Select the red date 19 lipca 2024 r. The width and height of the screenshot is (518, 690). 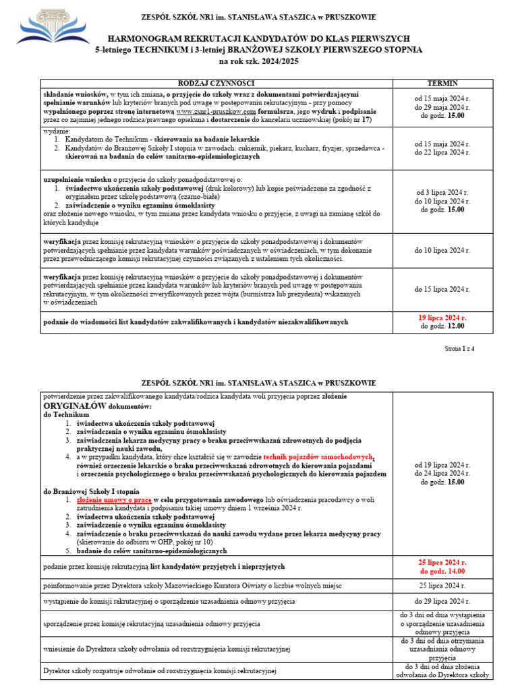[442, 317]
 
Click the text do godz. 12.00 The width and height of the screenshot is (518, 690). [442, 326]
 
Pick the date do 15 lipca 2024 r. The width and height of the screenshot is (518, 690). [442, 288]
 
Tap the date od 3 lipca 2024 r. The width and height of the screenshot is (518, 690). [442, 193]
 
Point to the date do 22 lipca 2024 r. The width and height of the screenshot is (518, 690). [442, 152]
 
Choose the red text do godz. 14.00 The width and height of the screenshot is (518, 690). [442, 571]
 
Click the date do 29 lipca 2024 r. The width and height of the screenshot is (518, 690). [442, 600]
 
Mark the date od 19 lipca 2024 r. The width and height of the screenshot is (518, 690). [442, 465]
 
